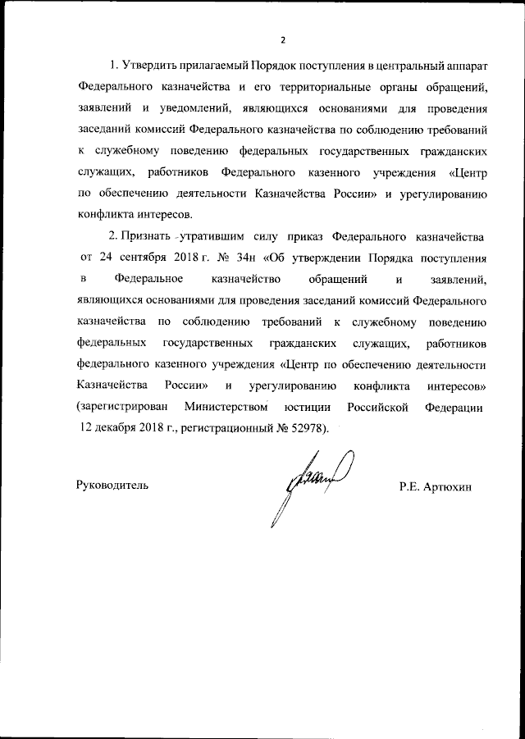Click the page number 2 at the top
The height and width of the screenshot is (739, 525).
[x=281, y=39]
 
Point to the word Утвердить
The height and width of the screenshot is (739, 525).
[x=149, y=65]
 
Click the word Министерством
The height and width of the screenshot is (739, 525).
[x=227, y=407]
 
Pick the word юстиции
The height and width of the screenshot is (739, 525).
[x=307, y=407]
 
